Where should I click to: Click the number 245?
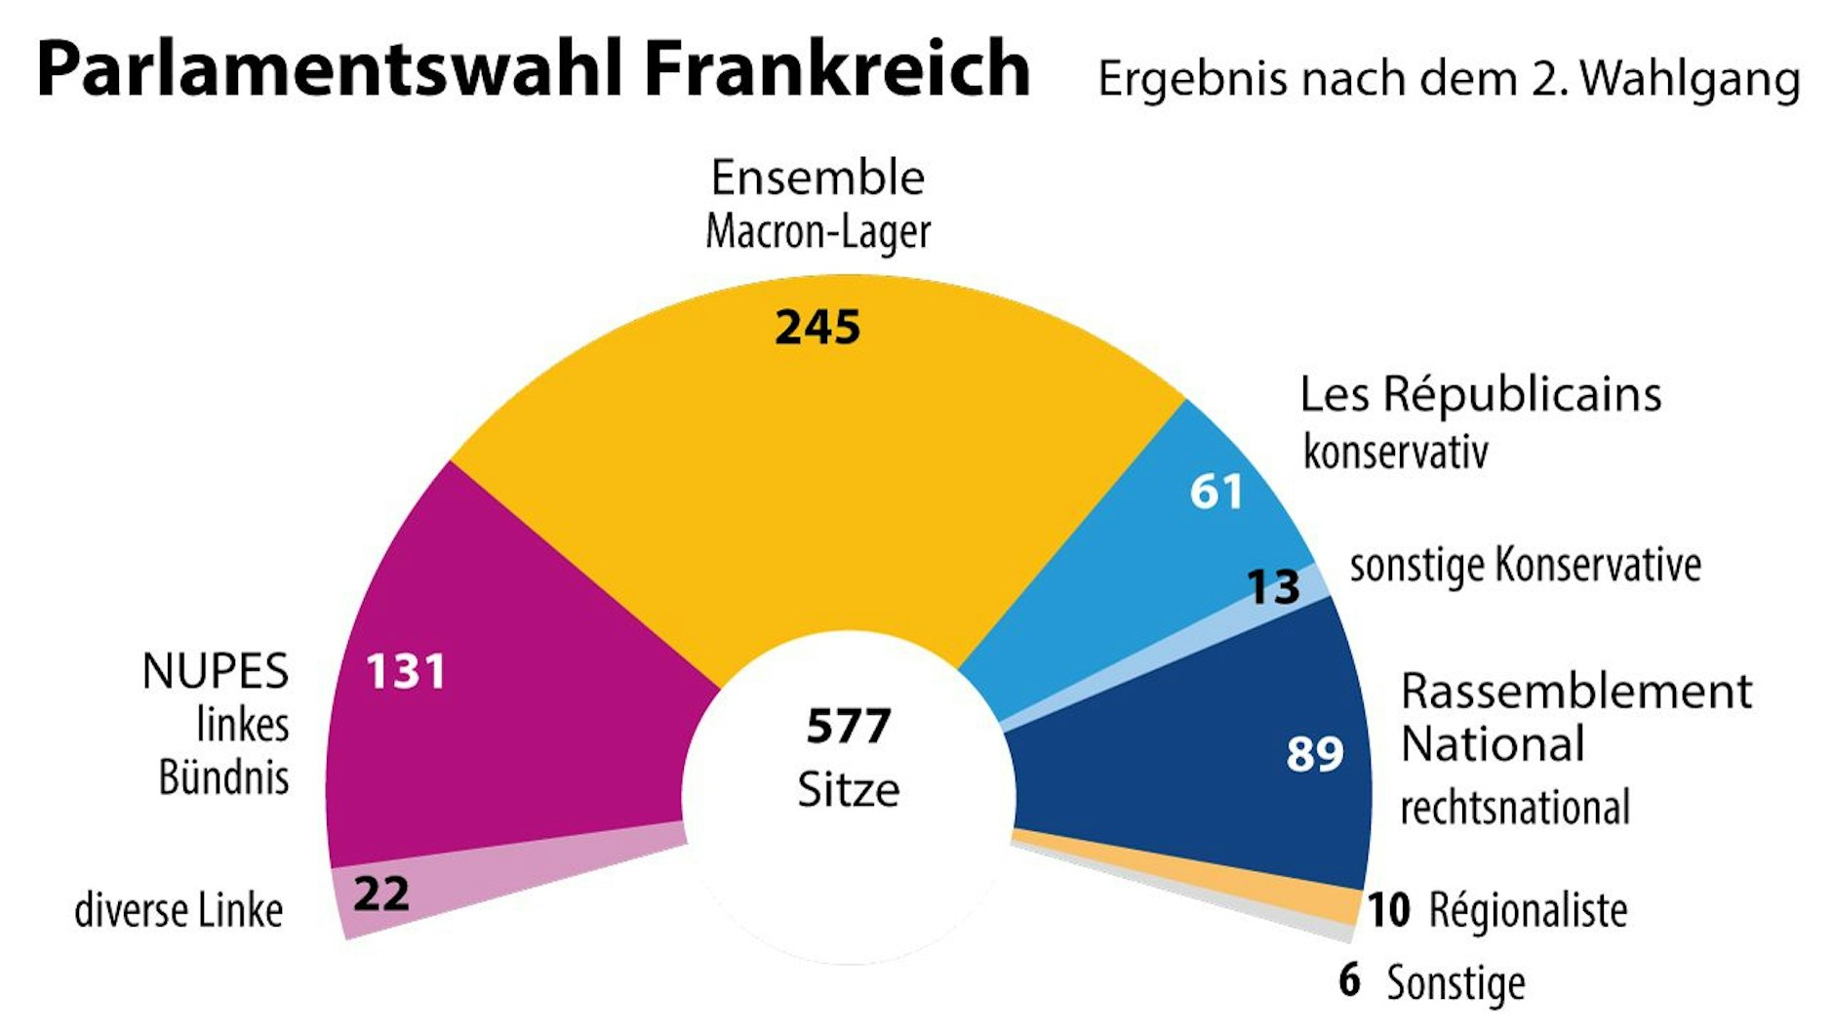pos(817,327)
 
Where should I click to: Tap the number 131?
pos(405,671)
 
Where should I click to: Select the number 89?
pos(1314,753)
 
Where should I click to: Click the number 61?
pos(1216,491)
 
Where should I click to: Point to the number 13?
pos(1273,586)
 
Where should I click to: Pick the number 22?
pos(380,893)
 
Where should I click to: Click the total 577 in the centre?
pos(848,726)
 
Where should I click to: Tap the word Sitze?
pos(848,789)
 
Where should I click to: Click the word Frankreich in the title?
pos(836,68)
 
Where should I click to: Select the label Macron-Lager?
pos(817,232)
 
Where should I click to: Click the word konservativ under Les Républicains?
pos(1395,452)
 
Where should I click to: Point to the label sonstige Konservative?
pos(1525,565)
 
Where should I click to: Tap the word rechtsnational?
pos(1514,808)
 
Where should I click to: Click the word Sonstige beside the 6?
pos(1455,982)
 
